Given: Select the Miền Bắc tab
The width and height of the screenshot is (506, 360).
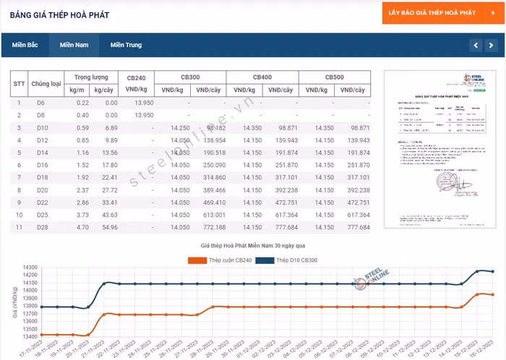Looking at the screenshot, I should (25, 45).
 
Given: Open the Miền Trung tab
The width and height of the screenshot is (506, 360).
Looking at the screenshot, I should (126, 45).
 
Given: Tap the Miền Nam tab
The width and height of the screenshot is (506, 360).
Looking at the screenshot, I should (74, 45).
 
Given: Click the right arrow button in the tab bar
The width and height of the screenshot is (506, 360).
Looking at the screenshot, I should (492, 46).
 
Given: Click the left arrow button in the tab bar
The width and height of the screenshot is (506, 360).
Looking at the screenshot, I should (475, 46).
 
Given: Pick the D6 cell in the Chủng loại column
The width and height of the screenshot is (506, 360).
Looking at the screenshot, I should (40, 103).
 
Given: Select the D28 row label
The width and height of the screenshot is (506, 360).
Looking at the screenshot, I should (41, 227).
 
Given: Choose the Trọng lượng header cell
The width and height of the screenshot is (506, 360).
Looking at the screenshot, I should (91, 77).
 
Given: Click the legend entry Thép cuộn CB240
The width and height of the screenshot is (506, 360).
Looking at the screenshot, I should (216, 260).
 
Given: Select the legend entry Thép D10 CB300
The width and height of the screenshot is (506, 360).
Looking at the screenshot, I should (293, 260).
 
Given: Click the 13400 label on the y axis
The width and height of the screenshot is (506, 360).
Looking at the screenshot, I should (30, 336).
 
